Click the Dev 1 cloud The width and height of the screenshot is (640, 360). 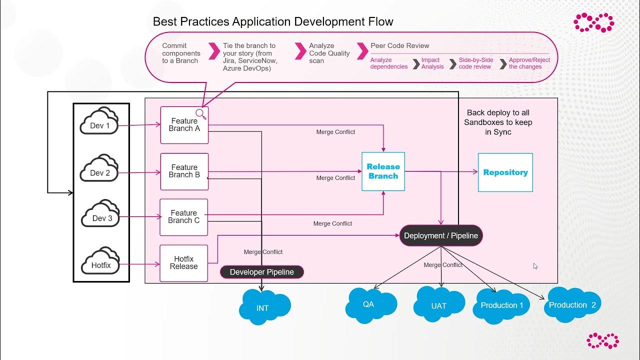coord(99,122)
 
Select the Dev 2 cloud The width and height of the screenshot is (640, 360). coord(99,170)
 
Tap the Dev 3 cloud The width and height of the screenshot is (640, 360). coord(101,215)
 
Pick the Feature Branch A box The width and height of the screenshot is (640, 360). coord(184,125)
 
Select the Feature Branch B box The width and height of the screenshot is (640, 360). coord(184,171)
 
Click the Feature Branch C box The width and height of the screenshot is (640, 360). coord(183,217)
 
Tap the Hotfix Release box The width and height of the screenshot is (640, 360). coord(183,263)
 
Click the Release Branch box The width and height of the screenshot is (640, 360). coord(383,171)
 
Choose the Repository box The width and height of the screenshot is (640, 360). coord(505,172)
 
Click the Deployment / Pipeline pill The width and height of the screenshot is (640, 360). coord(440,235)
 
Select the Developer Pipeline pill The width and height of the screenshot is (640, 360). coord(261,272)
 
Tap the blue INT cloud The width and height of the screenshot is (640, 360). coord(263,306)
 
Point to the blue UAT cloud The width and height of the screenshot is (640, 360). coord(438,304)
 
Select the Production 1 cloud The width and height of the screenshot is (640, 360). coord(501,304)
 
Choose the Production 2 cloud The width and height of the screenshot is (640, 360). coord(572,304)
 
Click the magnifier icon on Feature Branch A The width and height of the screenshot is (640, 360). coord(200,114)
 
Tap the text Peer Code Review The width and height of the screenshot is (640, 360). coord(399,45)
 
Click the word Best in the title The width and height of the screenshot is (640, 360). coord(164,22)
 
